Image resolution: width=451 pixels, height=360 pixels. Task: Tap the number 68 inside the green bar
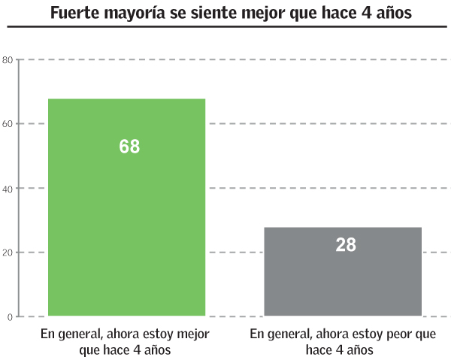pyautogui.click(x=129, y=147)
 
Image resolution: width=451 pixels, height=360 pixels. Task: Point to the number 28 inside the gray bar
pyautogui.click(x=346, y=245)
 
